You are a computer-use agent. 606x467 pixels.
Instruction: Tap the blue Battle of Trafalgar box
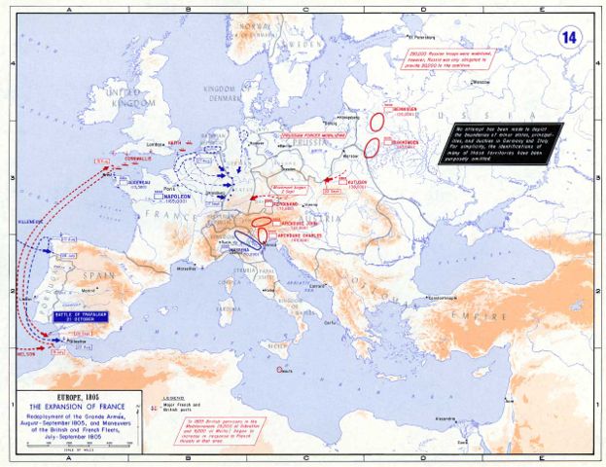click(x=68, y=316)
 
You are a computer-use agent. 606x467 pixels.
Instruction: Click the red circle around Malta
click(x=281, y=370)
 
